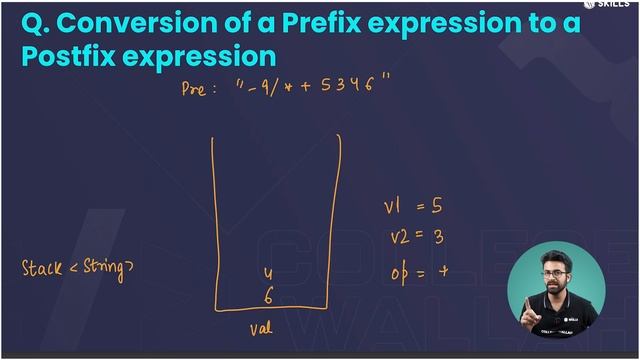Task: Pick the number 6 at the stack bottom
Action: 268,294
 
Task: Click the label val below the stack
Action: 260,326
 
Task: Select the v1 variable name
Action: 392,207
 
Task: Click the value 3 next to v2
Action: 437,239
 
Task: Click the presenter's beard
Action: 556,297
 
